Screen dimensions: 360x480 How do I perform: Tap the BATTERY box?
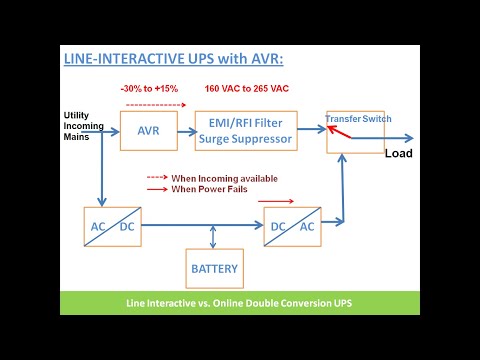pyautogui.click(x=215, y=269)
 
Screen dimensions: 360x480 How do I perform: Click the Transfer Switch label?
pyautogui.click(x=358, y=118)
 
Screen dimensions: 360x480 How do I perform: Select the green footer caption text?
pyautogui.click(x=239, y=303)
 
